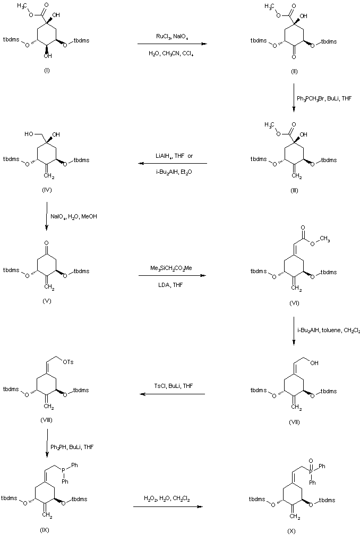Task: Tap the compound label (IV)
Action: point(46,189)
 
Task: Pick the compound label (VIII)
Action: point(46,420)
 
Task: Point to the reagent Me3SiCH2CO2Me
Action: point(171,269)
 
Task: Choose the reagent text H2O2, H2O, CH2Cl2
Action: point(168,498)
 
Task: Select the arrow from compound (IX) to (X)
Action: point(168,506)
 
